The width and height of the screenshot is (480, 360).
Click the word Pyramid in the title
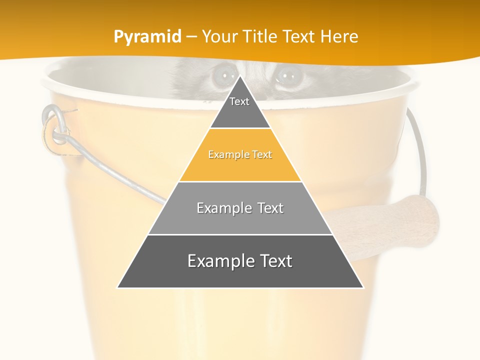[147, 37]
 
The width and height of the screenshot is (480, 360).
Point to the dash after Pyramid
[191, 37]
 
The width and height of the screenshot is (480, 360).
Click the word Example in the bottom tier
[217, 261]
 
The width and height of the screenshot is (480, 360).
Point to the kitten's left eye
[220, 75]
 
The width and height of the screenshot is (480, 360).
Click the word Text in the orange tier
[260, 155]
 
